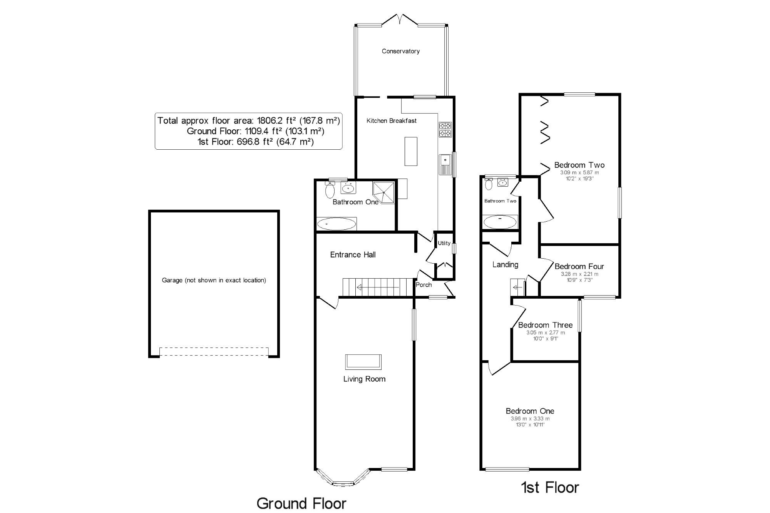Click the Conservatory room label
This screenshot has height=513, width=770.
[400, 51]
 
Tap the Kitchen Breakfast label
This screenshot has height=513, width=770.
[391, 121]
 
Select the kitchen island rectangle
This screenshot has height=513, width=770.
[411, 151]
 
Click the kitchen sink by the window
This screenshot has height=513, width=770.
[445, 164]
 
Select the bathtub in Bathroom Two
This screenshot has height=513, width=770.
[500, 222]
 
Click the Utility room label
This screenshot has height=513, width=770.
[444, 243]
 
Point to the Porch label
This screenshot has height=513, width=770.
[423, 285]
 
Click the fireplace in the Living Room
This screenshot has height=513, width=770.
[363, 362]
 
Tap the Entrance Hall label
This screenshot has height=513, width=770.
[353, 255]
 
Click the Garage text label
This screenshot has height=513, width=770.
[214, 280]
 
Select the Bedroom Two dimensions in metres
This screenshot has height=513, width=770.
[579, 173]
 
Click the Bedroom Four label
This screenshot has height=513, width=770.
[579, 266]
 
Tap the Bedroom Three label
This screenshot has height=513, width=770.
[545, 325]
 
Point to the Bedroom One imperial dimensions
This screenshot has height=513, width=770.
[530, 425]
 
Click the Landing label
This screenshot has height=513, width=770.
[505, 265]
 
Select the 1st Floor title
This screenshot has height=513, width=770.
[550, 488]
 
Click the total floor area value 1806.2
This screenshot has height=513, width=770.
[270, 120]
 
